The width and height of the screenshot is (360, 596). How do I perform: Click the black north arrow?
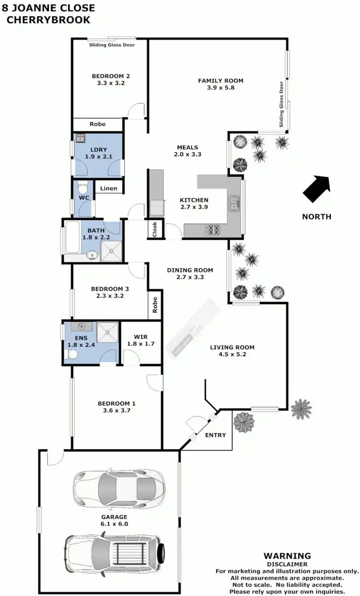(x=317, y=189)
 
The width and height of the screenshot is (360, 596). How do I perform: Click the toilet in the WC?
(x=82, y=186)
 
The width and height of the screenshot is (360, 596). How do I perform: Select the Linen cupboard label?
(x=109, y=188)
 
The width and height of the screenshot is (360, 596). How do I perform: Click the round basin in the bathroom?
(x=92, y=255)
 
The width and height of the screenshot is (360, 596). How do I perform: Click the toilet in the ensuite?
(x=72, y=354)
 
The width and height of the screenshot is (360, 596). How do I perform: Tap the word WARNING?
(x=287, y=556)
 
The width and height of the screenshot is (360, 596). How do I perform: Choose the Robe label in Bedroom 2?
(x=97, y=124)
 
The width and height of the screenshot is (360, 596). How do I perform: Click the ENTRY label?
(x=215, y=435)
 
